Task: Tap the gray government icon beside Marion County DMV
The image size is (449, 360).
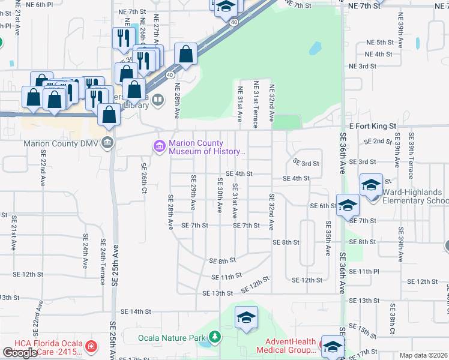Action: [108, 142]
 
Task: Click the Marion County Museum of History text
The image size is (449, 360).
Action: [207, 147]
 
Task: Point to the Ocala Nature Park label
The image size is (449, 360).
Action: [172, 337]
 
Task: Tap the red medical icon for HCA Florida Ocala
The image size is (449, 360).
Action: [91, 347]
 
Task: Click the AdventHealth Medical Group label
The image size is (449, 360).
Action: [286, 346]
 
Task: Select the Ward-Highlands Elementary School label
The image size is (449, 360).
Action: [415, 196]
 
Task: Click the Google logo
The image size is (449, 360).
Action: [20, 353]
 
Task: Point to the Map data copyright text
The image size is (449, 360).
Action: [424, 355]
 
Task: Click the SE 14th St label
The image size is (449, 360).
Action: [136, 311]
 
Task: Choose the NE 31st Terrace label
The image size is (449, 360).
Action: [256, 104]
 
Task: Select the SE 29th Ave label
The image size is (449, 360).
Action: [193, 192]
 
